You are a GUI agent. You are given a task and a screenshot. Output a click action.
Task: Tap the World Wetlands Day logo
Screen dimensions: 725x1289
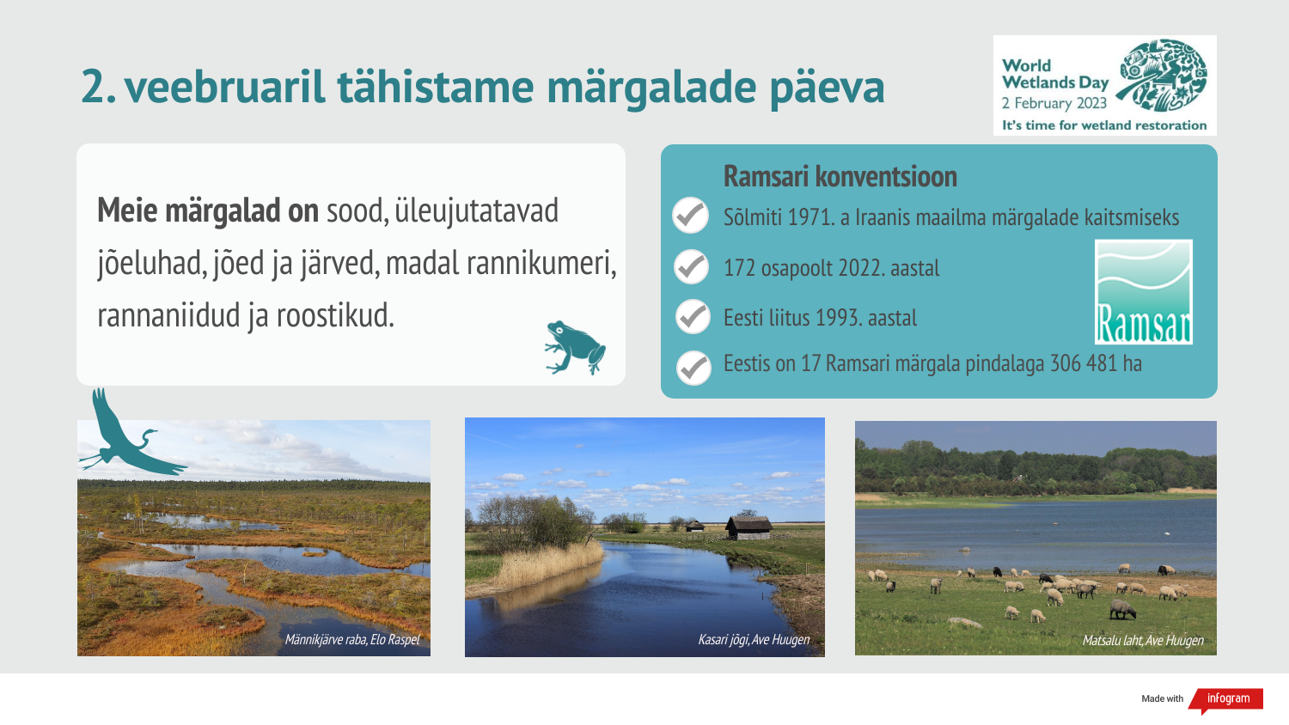coord(1104,84)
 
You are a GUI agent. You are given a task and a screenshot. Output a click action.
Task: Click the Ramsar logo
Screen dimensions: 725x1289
coord(1143,292)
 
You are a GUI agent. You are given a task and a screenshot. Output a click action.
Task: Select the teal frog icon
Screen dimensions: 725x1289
coord(574,347)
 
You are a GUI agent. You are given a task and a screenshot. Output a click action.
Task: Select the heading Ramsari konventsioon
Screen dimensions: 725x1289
coord(840,177)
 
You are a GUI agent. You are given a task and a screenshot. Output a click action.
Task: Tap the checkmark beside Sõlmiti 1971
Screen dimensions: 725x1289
coord(690,216)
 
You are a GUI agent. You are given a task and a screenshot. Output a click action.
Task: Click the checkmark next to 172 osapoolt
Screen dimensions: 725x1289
coord(691,267)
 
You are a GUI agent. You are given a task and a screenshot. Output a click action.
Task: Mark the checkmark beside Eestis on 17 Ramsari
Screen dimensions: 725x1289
coord(693,368)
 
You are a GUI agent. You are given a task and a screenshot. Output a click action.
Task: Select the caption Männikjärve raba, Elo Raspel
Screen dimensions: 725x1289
coord(352,640)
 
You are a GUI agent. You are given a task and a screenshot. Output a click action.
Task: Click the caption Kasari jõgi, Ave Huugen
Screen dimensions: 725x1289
coord(754,640)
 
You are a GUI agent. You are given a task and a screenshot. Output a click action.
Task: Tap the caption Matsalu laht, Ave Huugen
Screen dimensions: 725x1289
coord(1142,641)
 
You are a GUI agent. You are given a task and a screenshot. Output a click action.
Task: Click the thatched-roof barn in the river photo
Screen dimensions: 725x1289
coord(748,527)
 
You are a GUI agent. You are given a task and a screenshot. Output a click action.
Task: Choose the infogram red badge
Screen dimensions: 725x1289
coord(1228,698)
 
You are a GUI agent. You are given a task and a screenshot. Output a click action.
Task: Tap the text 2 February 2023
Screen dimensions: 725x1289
coord(1054,104)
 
